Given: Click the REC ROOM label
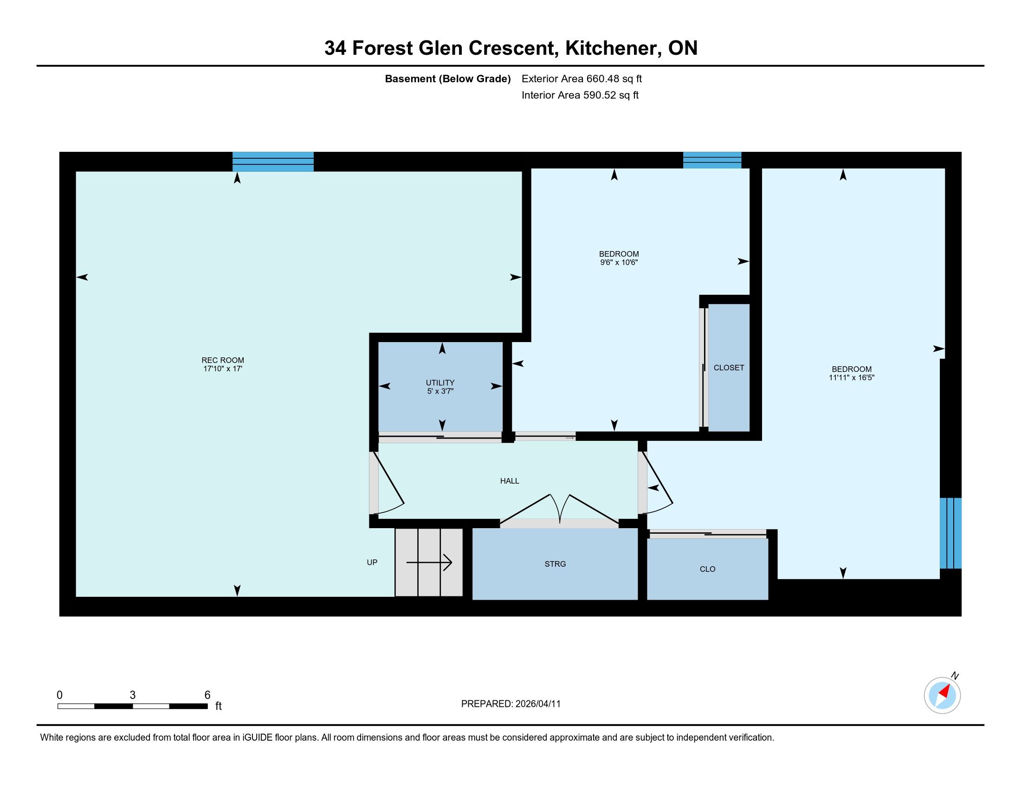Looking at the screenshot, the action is pyautogui.click(x=222, y=360).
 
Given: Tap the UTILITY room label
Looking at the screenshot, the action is pyautogui.click(x=440, y=382).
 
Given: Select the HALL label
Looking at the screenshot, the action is pyautogui.click(x=510, y=481).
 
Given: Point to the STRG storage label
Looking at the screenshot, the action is pyautogui.click(x=556, y=564).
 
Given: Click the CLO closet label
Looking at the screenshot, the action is pyautogui.click(x=707, y=569).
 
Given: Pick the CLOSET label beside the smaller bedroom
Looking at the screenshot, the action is pyautogui.click(x=729, y=368).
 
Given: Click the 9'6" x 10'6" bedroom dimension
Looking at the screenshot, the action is pyautogui.click(x=619, y=263).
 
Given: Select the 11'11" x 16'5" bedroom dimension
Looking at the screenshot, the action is pyautogui.click(x=851, y=378).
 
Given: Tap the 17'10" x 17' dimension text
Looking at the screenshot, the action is pyautogui.click(x=222, y=369).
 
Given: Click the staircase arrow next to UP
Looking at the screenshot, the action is pyautogui.click(x=429, y=563).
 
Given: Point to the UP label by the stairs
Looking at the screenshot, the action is pyautogui.click(x=372, y=563).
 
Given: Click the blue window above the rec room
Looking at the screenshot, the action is pyautogui.click(x=273, y=162).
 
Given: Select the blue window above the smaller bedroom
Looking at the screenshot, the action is pyautogui.click(x=712, y=160).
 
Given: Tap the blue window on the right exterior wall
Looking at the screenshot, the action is pyautogui.click(x=950, y=533).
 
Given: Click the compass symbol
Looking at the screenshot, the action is pyautogui.click(x=942, y=695).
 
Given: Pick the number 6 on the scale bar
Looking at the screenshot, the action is pyautogui.click(x=207, y=695).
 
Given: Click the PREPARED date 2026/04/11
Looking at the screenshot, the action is pyautogui.click(x=537, y=704).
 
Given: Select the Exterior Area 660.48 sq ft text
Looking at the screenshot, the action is pyautogui.click(x=582, y=79).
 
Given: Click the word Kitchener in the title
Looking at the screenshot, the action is pyautogui.click(x=614, y=49).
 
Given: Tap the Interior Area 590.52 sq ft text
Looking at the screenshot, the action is pyautogui.click(x=580, y=95).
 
